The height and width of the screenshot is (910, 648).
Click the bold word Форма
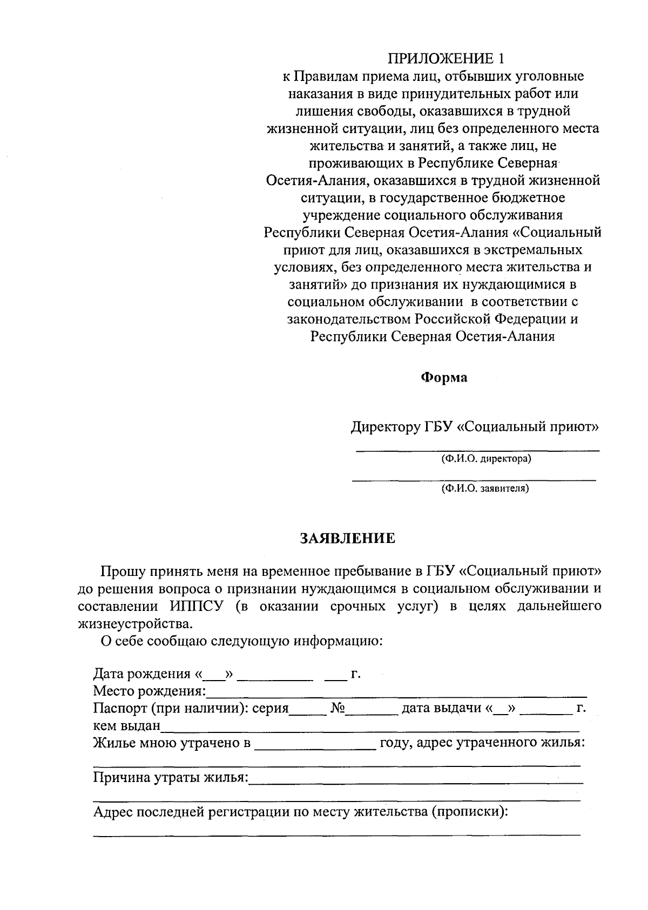coord(444,377)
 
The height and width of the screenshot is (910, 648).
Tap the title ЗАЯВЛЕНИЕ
coord(348,538)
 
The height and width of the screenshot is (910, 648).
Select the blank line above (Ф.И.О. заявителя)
coord(474,479)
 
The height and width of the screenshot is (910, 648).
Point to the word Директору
coord(385,427)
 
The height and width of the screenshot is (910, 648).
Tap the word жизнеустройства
coord(134,623)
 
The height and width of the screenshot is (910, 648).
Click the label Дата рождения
coord(142,674)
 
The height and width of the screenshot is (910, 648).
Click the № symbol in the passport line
coord(337,708)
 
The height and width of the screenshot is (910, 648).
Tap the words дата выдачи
coord(441,708)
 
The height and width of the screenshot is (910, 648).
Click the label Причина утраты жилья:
coord(171,778)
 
